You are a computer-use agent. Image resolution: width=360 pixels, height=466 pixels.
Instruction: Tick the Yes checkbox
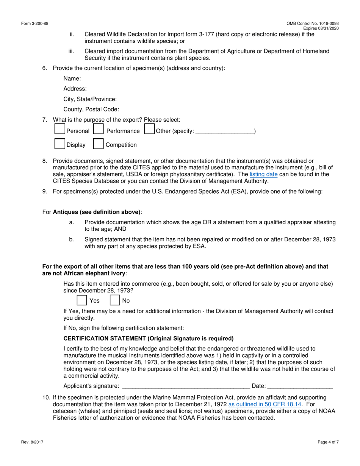point(81,300)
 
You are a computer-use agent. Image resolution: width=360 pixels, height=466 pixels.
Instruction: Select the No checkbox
point(115,300)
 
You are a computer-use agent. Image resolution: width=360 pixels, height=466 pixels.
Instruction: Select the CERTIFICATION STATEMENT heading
point(149,338)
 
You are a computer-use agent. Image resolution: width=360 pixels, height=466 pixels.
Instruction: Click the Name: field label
point(72,78)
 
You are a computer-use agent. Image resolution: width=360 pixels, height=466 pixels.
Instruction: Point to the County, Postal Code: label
point(91,109)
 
